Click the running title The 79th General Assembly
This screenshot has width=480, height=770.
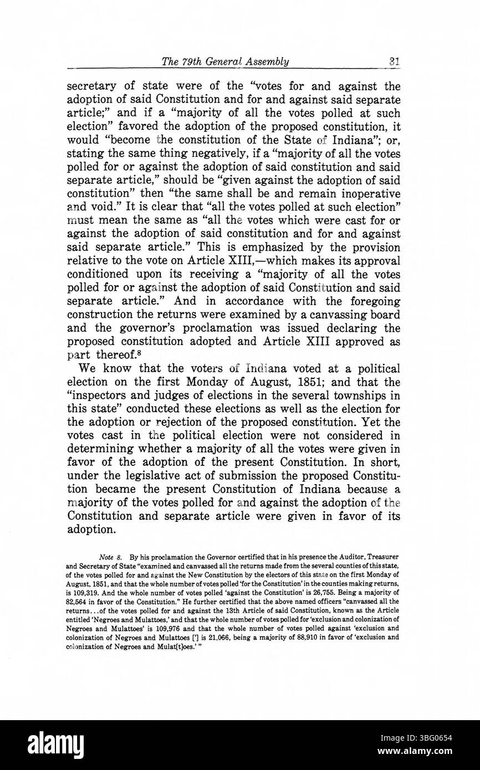tap(224, 61)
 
